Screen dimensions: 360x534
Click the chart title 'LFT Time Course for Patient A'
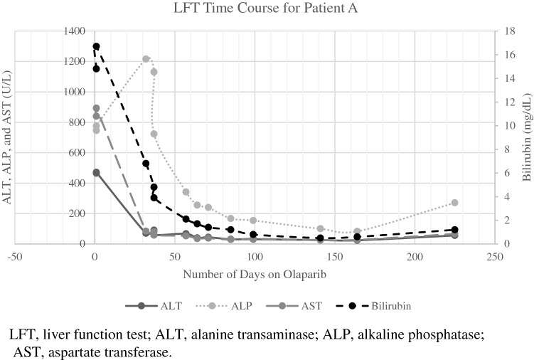(x=267, y=9)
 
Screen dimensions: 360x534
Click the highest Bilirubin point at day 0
(x=96, y=47)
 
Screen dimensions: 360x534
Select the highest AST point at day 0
(x=96, y=108)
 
